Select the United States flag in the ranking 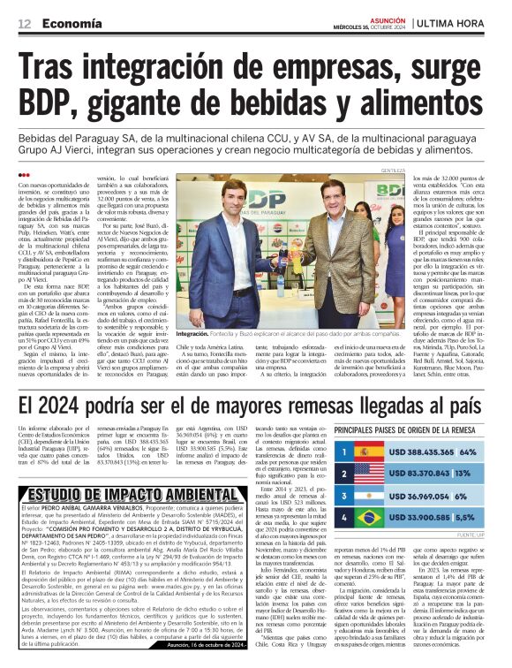click(369, 474)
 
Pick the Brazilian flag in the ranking click(369, 519)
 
